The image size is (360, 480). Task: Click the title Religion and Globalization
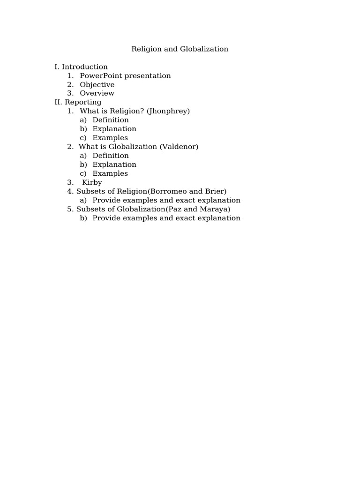(180, 49)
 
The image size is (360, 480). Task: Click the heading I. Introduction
(81, 67)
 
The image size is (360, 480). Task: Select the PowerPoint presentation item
(125, 75)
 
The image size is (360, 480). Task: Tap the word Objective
(97, 84)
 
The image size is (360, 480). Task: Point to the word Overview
(97, 93)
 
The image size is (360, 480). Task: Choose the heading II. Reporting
(78, 102)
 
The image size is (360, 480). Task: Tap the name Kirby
(92, 182)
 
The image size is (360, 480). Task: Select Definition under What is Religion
(111, 120)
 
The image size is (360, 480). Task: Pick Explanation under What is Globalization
(114, 165)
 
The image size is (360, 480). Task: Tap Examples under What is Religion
(110, 138)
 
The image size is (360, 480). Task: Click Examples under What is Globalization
(110, 173)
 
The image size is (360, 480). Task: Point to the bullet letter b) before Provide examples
(83, 218)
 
